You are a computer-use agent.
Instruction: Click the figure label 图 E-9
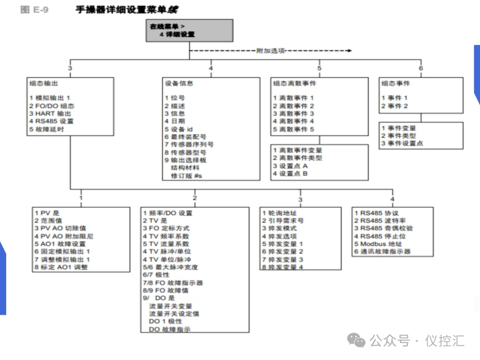[x=34, y=10]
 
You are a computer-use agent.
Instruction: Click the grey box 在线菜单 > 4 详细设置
[x=189, y=30]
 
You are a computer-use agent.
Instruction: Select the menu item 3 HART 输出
[x=50, y=113]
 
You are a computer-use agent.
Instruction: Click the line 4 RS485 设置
[x=52, y=121]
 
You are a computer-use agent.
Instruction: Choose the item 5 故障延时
[x=47, y=129]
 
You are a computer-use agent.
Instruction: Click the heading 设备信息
[x=179, y=83]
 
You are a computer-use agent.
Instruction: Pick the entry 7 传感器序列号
[x=189, y=144]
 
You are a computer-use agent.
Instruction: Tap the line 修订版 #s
[x=187, y=176]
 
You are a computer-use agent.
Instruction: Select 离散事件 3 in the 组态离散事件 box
[x=294, y=113]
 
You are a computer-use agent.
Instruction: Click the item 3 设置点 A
[x=291, y=166]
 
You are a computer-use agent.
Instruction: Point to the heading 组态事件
[x=395, y=83]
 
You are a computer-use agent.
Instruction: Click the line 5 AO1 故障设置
[x=60, y=244]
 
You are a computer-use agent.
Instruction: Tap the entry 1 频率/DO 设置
[x=168, y=213]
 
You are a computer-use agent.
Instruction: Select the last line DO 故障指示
[x=170, y=329]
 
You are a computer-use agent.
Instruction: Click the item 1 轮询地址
[x=280, y=213]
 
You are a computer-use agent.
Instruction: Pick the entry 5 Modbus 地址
[x=378, y=244]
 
